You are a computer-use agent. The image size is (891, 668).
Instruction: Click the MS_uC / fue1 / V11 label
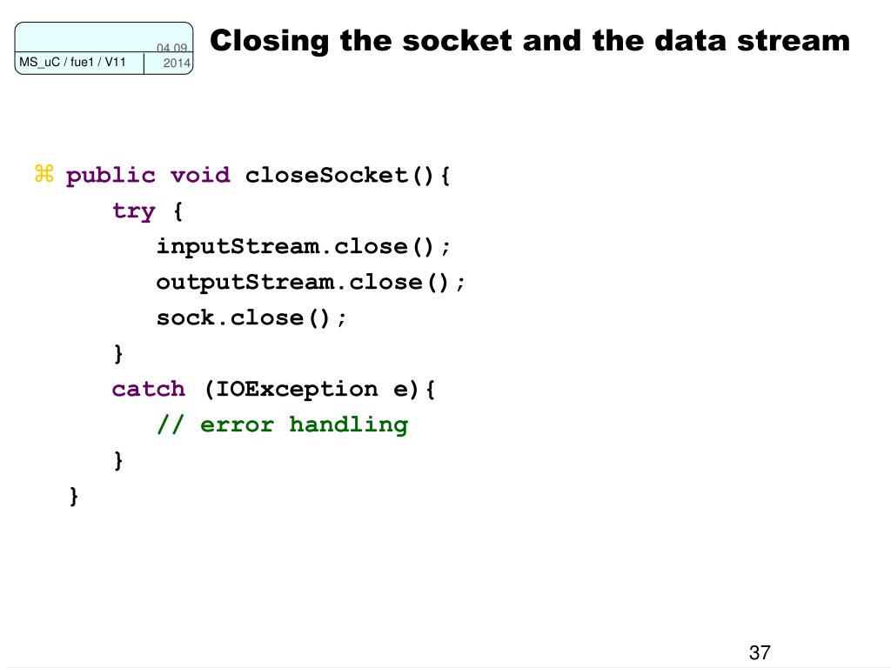coord(73,62)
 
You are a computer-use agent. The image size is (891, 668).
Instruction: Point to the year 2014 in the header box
coord(177,64)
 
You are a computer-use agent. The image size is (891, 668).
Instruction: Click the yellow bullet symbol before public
coord(44,175)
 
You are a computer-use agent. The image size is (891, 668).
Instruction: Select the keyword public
coord(111,176)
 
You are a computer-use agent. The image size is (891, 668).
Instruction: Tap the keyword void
coord(200,176)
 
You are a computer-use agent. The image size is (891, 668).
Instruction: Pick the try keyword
coord(134,211)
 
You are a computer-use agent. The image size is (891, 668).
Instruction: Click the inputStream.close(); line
coord(305,247)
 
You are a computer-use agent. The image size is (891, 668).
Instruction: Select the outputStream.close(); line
coord(312,283)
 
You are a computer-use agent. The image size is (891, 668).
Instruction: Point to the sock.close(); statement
coord(252,318)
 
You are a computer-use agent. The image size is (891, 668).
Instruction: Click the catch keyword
coord(149,389)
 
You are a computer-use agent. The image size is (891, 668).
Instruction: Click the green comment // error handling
coord(282,424)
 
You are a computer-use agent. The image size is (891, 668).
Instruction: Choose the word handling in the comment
coord(348,424)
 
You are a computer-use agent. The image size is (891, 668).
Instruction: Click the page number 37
coord(760,653)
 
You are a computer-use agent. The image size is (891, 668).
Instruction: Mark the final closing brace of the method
coord(75,496)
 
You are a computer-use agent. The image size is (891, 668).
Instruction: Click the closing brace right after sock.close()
coord(118,354)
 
